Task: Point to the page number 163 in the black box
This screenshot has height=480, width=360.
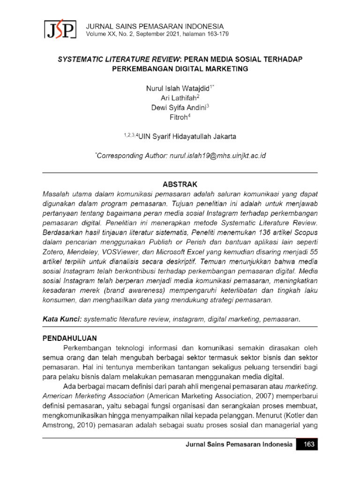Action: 307,444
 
